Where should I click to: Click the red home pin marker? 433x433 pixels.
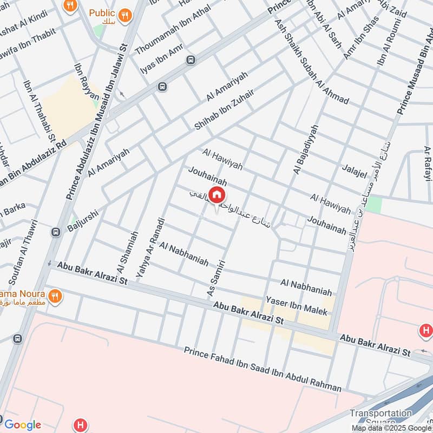tap(216, 195)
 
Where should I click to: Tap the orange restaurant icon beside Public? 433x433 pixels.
tap(126, 15)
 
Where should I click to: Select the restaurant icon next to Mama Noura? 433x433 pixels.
tap(54, 296)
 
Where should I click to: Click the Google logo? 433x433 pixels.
tap(22, 425)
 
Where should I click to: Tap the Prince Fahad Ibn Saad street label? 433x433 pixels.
tap(263, 370)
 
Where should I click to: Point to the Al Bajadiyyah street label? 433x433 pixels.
tap(305, 148)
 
